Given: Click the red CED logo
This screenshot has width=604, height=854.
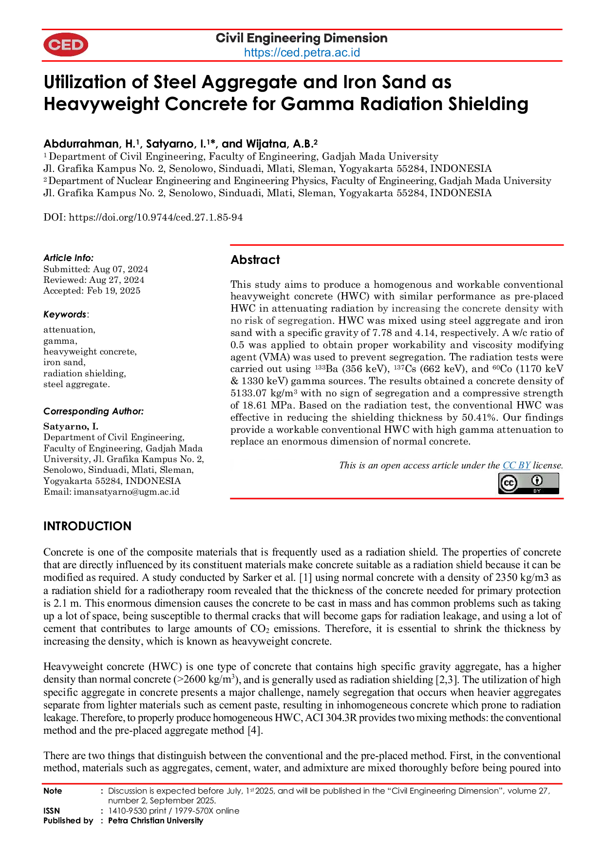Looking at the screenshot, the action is click(66, 45).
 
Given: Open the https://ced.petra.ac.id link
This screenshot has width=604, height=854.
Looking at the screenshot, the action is click(302, 53).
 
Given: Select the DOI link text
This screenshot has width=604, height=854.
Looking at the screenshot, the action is click(156, 218).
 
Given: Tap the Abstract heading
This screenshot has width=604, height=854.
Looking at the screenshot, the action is click(255, 260).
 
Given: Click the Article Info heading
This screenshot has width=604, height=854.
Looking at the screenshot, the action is click(68, 258).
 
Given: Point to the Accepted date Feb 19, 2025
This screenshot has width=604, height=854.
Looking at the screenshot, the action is click(113, 291).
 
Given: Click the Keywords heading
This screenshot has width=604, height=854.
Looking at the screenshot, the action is click(65, 315).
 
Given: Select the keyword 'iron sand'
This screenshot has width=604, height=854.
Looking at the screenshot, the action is click(64, 362).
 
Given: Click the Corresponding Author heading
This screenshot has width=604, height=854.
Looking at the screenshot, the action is click(94, 411).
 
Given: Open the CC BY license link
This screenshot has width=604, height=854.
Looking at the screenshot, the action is click(516, 465).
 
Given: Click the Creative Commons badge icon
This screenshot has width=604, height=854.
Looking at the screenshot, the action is click(528, 483).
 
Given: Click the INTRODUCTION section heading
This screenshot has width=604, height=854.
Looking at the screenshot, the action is click(88, 526).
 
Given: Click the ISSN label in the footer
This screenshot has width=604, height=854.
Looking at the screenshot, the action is click(52, 811).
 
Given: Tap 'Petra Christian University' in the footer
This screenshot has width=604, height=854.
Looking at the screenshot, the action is click(155, 820).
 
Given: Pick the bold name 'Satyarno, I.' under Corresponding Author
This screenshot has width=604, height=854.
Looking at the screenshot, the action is click(71, 427).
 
